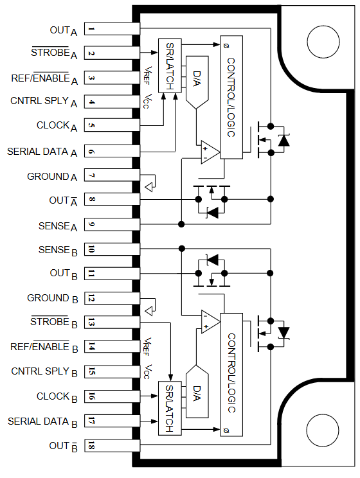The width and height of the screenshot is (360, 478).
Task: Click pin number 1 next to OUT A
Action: coord(93,30)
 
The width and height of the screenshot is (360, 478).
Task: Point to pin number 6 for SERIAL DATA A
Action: coord(93,152)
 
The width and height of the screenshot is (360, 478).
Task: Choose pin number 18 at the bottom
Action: coord(93,446)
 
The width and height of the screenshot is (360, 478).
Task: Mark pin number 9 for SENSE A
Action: coord(93,225)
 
